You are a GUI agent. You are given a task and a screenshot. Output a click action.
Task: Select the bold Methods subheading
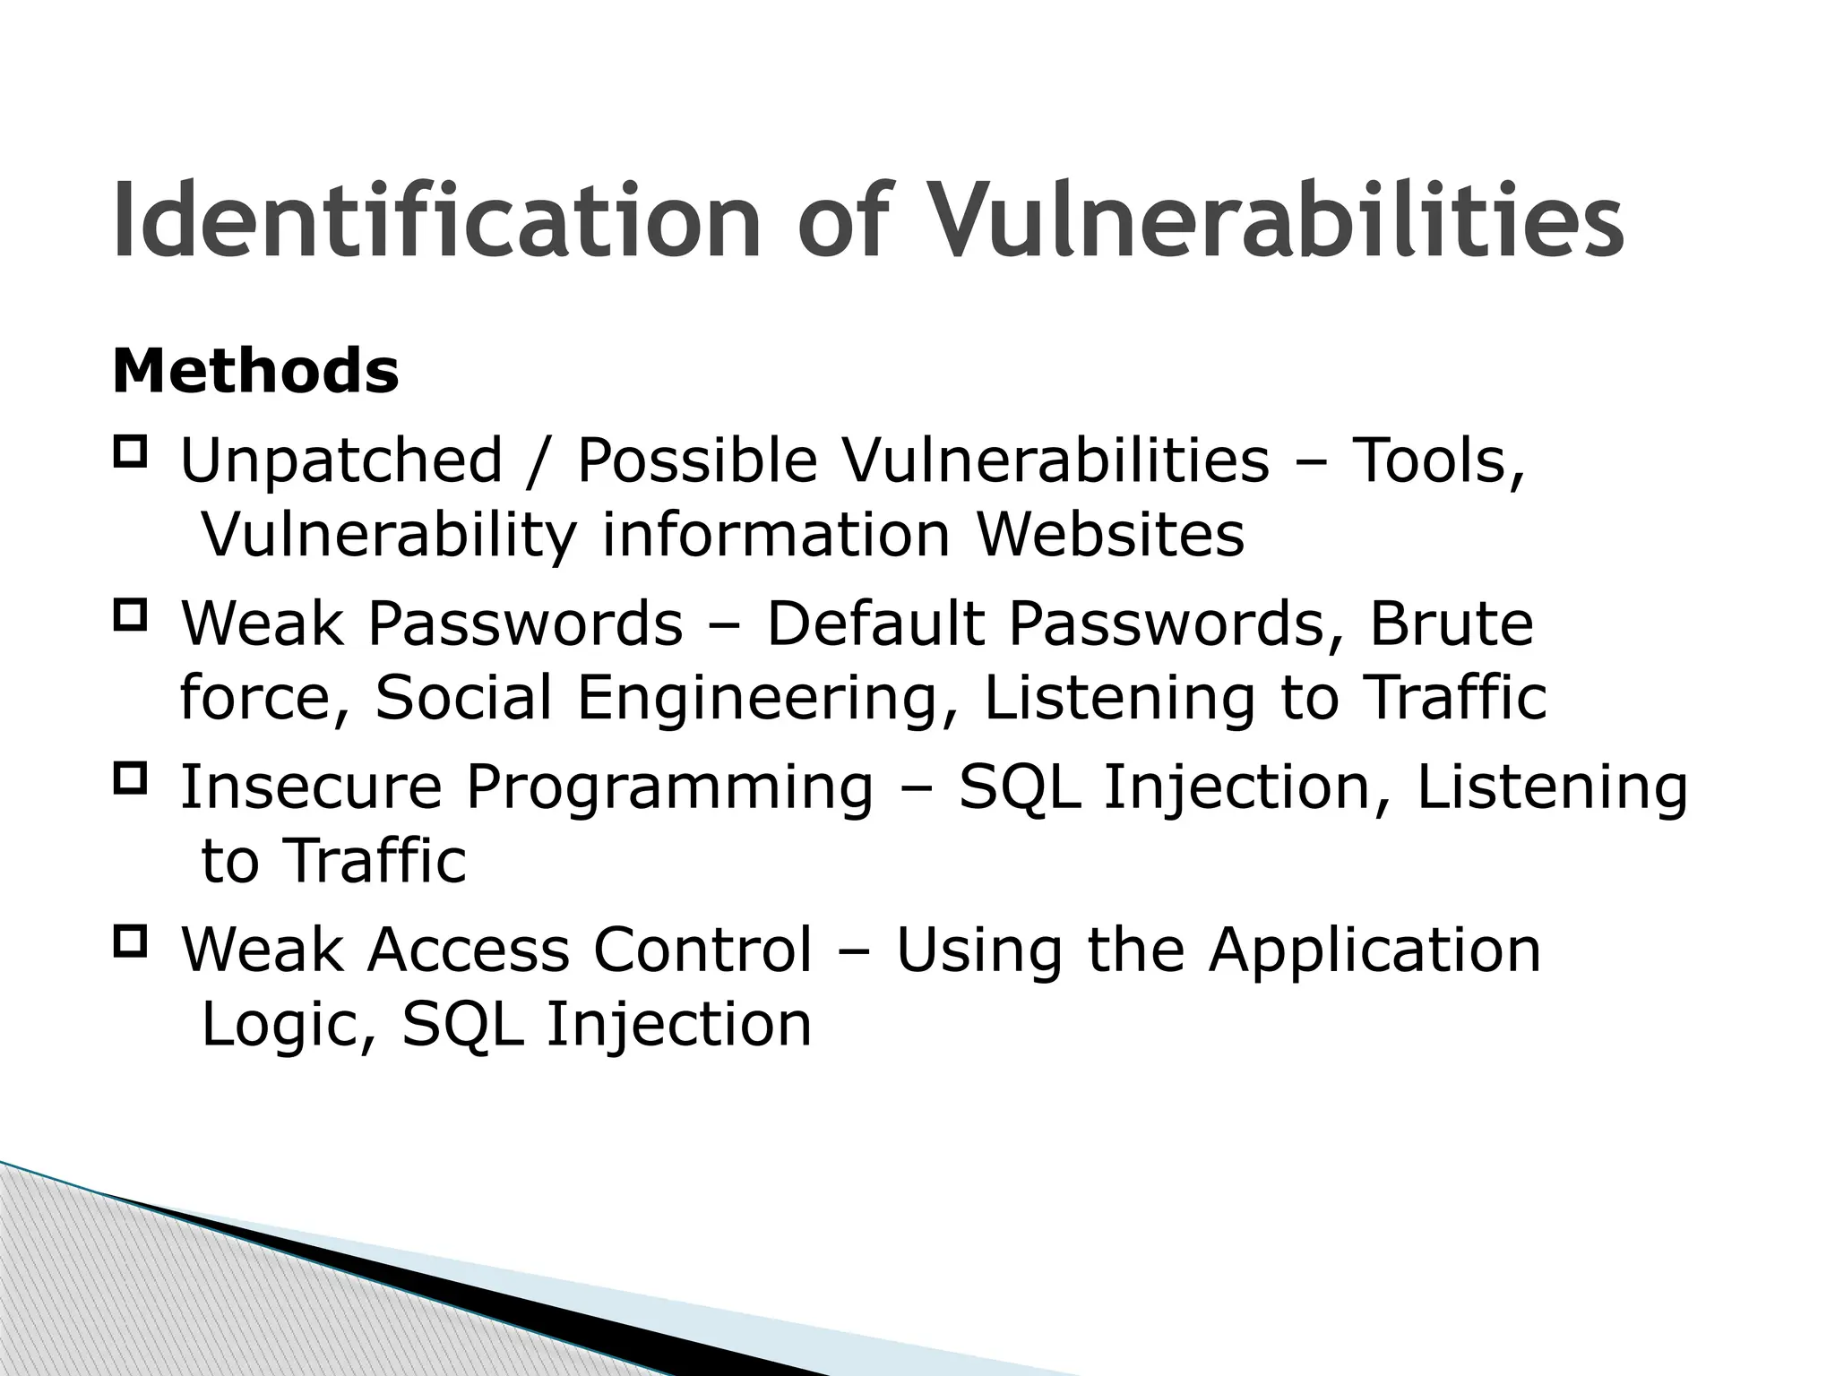(x=255, y=371)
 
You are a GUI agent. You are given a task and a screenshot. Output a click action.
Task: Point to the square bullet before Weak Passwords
(x=130, y=614)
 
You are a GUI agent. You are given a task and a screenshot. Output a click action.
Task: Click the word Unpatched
(x=341, y=462)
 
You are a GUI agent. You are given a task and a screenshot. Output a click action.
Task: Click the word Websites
(x=1109, y=536)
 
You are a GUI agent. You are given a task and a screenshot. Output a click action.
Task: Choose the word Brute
(x=1451, y=624)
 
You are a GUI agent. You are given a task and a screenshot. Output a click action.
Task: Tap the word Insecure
(x=311, y=787)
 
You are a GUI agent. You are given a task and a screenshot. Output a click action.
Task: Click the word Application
(x=1374, y=952)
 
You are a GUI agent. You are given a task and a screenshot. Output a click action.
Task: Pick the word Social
(x=463, y=699)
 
